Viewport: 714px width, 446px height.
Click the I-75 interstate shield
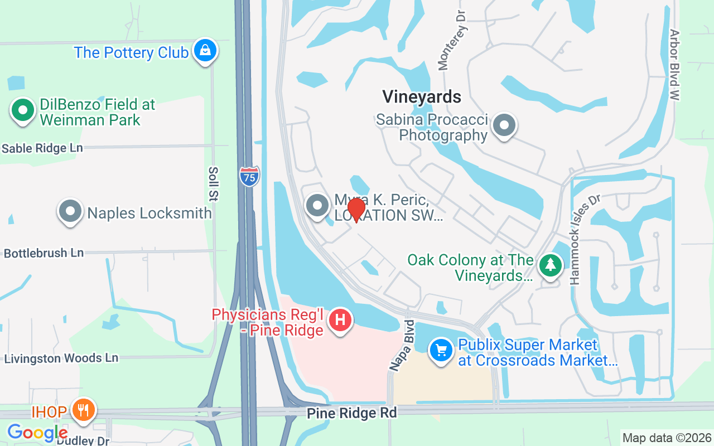tap(249, 176)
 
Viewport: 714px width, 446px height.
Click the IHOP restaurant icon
tap(84, 411)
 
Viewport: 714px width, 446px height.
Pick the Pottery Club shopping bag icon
tap(205, 51)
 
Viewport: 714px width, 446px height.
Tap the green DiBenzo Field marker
tap(23, 110)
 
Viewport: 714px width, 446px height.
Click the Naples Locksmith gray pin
tap(70, 211)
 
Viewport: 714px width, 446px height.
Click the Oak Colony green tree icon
tap(551, 265)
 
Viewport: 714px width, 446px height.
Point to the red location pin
tap(356, 210)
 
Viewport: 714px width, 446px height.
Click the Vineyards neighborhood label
tap(422, 96)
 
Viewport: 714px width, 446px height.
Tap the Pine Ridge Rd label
tap(352, 413)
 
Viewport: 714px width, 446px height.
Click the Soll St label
tap(214, 183)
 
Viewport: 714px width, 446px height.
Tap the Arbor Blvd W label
tap(674, 65)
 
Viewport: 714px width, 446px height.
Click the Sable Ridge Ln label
tap(42, 148)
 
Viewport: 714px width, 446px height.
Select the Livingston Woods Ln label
tap(61, 358)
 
